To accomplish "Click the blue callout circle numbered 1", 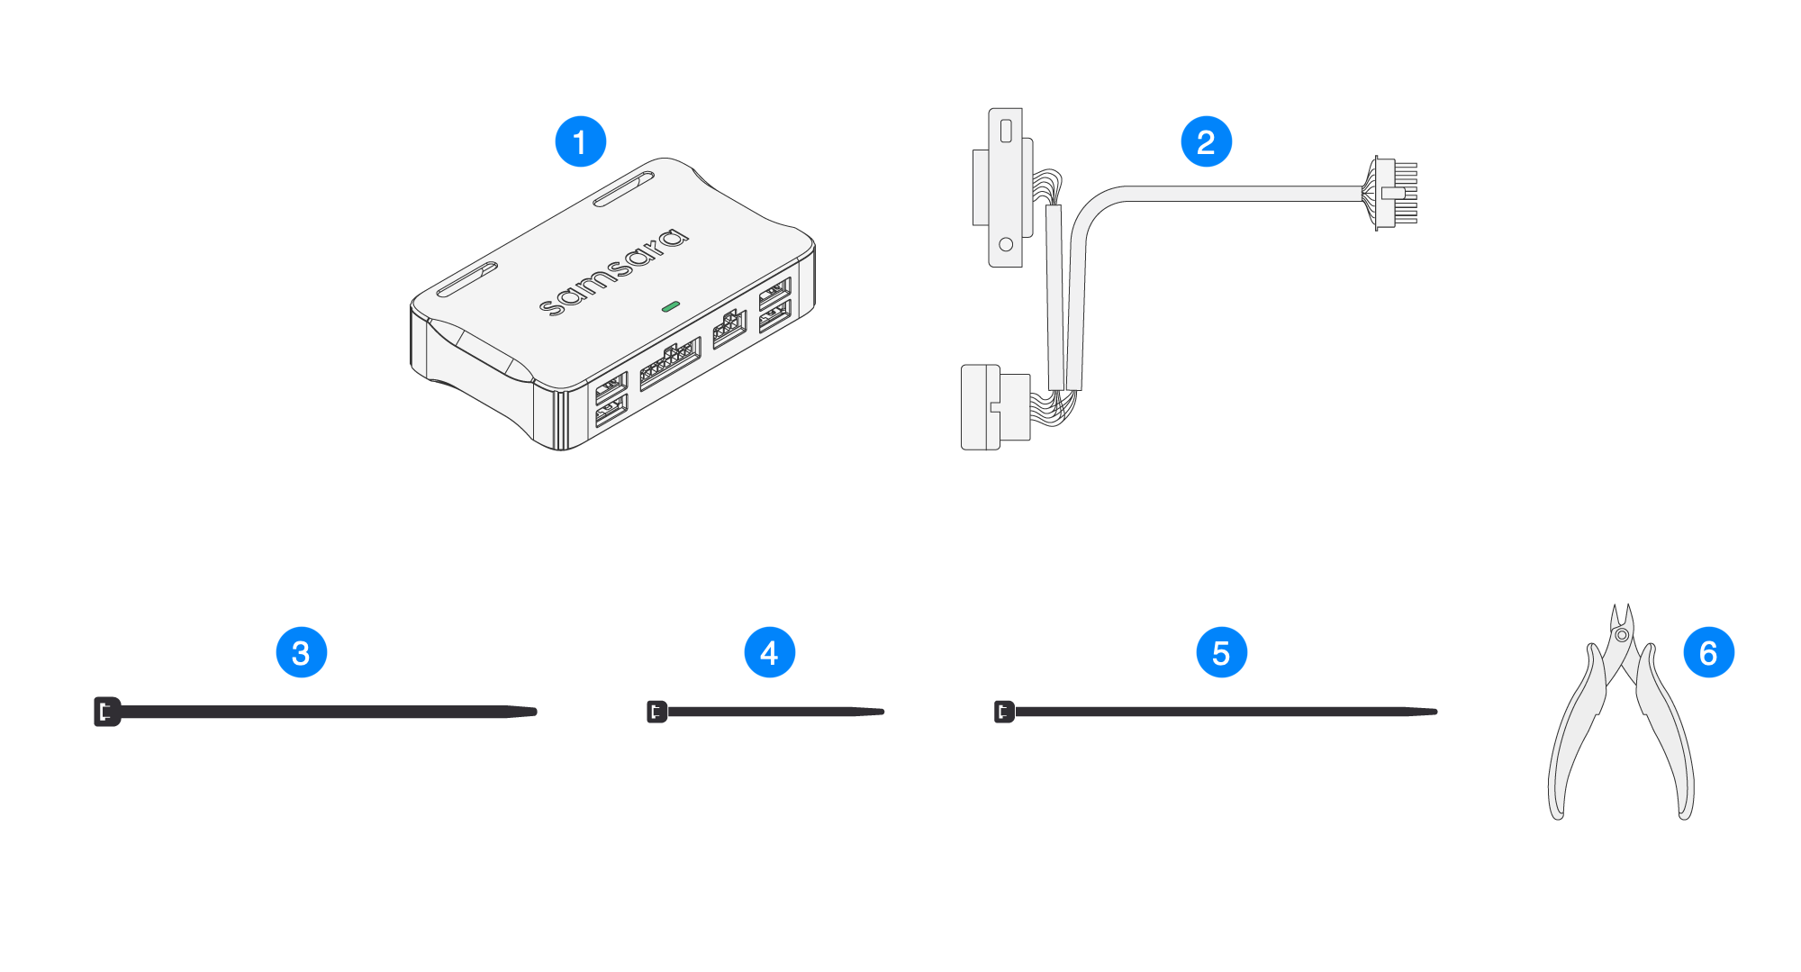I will (580, 141).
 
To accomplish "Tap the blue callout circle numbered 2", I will (1206, 141).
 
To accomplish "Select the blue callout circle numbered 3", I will (301, 653).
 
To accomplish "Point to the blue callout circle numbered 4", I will (769, 653).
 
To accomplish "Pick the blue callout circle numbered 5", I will (1221, 653).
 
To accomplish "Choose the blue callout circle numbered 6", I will (1708, 653).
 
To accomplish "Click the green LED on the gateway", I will (670, 307).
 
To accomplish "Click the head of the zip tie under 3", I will (106, 712).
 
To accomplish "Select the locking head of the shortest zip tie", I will (656, 712).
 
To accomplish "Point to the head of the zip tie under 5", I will (1003, 712).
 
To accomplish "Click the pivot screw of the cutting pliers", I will (1622, 635).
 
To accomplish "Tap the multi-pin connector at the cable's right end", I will (1394, 193).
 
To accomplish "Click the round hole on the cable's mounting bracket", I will (1006, 244).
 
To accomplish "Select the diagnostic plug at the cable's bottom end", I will (994, 407).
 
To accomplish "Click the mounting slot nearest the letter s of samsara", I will (466, 279).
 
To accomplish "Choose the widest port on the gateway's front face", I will (669, 363).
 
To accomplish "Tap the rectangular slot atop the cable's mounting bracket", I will (1006, 131).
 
